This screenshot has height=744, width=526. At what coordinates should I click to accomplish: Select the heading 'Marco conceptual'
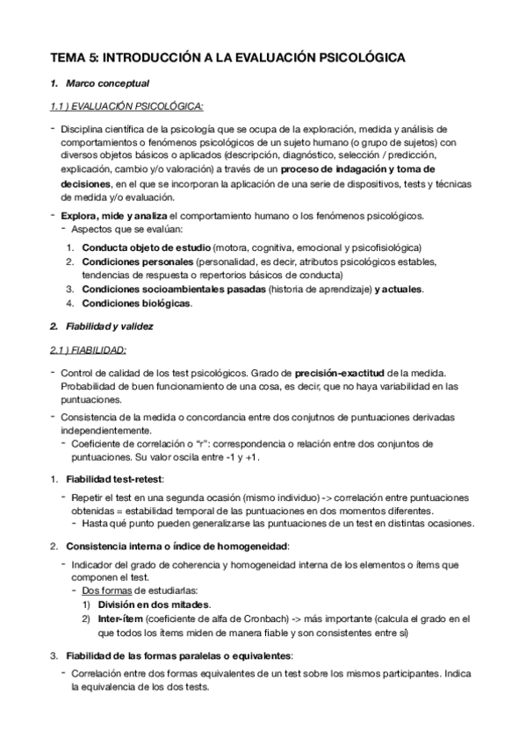point(107,84)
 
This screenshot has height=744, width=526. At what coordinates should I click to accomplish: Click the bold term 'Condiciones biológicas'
point(136,304)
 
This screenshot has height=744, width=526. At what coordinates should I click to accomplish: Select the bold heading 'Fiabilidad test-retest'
point(114,479)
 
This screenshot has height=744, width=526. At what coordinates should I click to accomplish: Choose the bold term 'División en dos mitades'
point(154,605)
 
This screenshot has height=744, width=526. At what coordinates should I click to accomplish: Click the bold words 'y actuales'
point(399,290)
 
